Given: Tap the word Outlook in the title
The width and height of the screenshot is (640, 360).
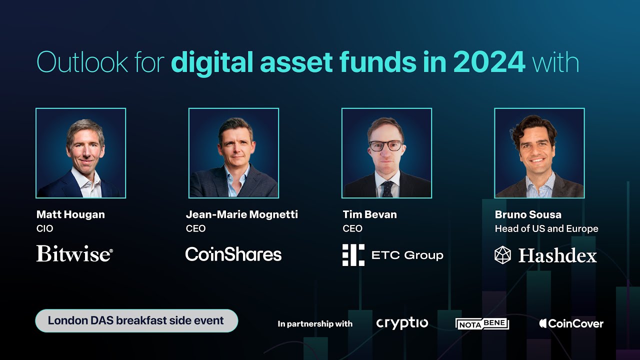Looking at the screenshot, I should point(82,62).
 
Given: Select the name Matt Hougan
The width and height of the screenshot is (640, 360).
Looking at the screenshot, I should point(70,214).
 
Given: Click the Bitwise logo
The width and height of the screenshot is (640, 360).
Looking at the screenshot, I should point(74,254).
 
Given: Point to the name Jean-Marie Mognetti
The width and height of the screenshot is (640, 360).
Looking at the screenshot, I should point(241,214).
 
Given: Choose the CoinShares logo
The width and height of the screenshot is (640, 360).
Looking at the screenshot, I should point(233,254).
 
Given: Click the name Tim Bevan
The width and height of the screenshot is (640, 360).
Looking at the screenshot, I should point(369,214).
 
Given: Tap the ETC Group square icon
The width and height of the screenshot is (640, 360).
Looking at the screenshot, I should point(353,255).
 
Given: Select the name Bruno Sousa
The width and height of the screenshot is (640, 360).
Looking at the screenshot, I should point(528,214).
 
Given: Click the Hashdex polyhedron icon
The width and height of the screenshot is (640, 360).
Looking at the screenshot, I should point(503,255).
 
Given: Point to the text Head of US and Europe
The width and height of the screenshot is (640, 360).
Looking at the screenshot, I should point(546,228).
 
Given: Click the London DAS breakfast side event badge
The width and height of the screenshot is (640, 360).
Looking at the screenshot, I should point(136,320).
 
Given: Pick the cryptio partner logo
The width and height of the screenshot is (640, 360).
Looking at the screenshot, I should point(402,323).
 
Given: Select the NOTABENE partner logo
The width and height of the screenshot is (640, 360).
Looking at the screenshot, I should point(482,323).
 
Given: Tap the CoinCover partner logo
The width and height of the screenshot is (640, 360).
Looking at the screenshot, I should point(571,323).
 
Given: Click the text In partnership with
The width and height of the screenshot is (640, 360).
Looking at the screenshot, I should point(315,324).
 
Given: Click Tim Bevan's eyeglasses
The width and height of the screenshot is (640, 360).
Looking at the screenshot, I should point(385,145).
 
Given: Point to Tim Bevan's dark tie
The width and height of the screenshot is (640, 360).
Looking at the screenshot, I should point(386,189).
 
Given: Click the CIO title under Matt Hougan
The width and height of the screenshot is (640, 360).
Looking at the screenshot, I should point(44,228).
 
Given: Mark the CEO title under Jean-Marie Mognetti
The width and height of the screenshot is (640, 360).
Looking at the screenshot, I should point(195,228).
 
